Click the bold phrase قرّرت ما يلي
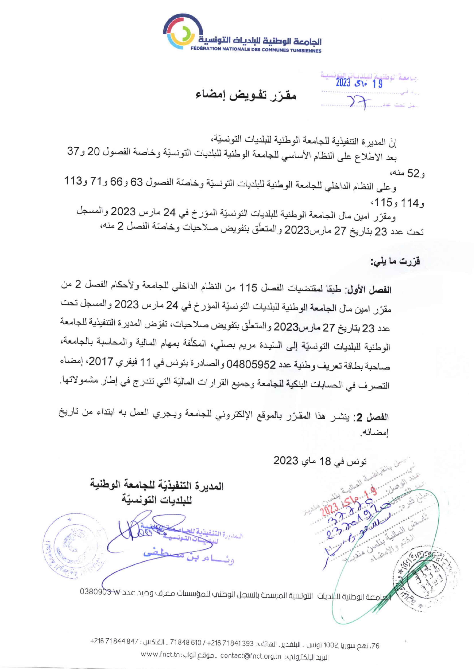[395, 262]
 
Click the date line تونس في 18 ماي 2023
[320, 461]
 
